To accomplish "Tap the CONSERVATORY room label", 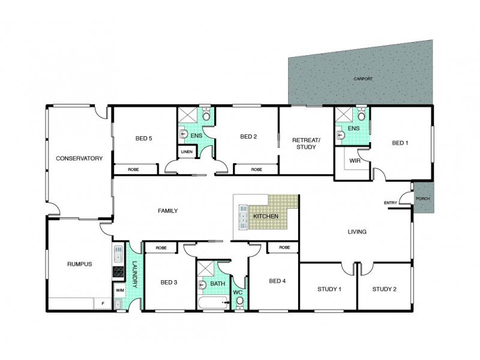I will tap(79, 158).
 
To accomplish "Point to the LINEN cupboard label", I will tap(187, 152).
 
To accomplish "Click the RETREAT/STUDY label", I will tap(306, 143).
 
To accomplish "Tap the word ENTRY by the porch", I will tap(391, 202).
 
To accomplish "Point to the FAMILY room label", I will tap(167, 211).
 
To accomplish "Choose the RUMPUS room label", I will tap(79, 265).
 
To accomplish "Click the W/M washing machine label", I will tap(119, 290).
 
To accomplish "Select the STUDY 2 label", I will tap(384, 289).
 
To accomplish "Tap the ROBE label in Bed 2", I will tap(256, 170).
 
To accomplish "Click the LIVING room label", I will tap(357, 232).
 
